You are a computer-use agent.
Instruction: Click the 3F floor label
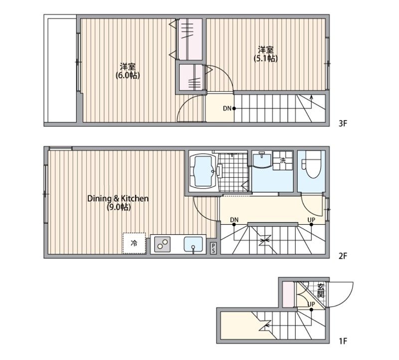coord(343,123)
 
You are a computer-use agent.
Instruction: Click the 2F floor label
coord(343,256)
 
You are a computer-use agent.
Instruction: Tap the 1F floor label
coord(343,341)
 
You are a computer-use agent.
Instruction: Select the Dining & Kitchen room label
coord(118,203)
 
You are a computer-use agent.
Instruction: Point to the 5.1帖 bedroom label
coord(265,54)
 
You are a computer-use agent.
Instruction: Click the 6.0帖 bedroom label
coord(128,71)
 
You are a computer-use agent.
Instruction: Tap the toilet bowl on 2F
coord(313,165)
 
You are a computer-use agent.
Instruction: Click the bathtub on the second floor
coord(203,171)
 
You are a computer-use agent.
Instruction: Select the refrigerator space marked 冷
coord(134,243)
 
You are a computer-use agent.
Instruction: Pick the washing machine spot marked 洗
coord(283,160)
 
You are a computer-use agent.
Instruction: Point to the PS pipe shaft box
coord(213,248)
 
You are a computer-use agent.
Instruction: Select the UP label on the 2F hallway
coord(311,220)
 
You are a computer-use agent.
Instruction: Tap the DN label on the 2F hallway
coord(234,220)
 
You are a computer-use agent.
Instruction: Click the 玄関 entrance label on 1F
coord(321,290)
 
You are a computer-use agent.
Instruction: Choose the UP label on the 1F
coord(311,305)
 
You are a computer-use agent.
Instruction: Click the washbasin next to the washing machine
coord(262,159)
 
